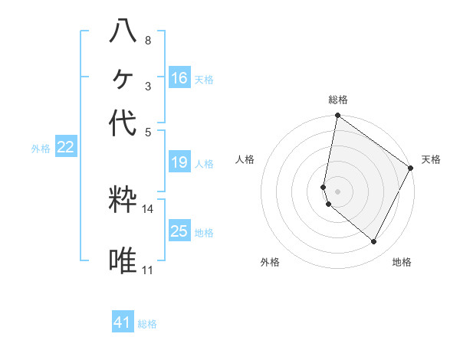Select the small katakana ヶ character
(x=123, y=77)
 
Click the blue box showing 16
(x=179, y=78)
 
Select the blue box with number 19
(x=179, y=162)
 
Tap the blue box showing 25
(x=179, y=231)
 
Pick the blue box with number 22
(x=65, y=148)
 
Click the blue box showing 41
(x=123, y=322)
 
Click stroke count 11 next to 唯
(x=147, y=270)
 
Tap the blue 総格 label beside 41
(x=147, y=324)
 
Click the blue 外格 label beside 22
(x=41, y=149)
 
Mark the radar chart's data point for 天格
(x=411, y=168)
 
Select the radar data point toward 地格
(x=374, y=242)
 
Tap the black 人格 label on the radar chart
(x=246, y=159)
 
